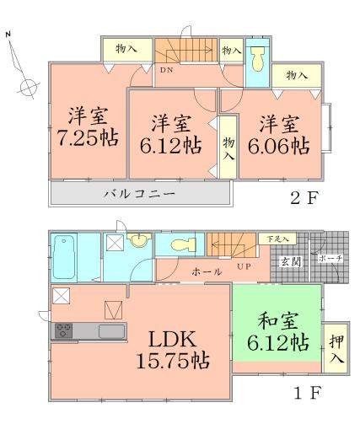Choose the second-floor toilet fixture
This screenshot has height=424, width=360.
tap(257, 60)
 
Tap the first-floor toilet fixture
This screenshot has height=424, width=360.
tap(180, 246)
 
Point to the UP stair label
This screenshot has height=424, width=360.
tap(244, 268)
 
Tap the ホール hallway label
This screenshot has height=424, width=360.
tap(207, 271)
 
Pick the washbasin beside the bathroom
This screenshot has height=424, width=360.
tap(137, 242)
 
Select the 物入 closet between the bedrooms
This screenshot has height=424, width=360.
tap(228, 151)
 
